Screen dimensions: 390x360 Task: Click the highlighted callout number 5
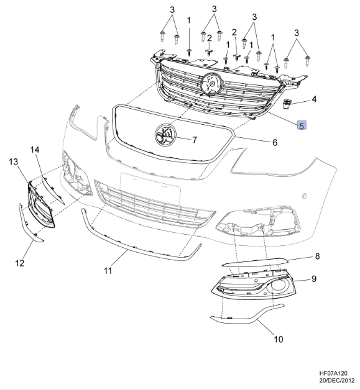click(302, 126)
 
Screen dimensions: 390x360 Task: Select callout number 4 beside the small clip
click(314, 99)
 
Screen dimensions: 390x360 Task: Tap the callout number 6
click(274, 142)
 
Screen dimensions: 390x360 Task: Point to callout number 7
click(194, 139)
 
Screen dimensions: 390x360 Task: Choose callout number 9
click(314, 279)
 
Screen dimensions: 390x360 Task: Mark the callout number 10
click(278, 339)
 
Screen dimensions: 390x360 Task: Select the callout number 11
click(108, 271)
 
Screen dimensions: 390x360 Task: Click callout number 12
click(20, 263)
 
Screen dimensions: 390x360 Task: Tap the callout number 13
click(13, 162)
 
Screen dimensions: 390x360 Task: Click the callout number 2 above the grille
click(234, 32)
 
